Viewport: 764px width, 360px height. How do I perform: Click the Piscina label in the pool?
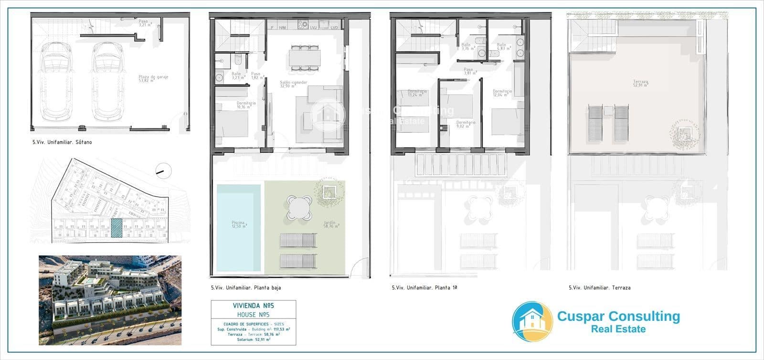tap(238, 224)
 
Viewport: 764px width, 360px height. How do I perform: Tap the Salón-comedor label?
tap(293, 84)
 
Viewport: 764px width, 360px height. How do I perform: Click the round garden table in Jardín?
tap(298, 208)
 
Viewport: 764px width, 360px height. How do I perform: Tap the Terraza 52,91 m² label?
tap(640, 84)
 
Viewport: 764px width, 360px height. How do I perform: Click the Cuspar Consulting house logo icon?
tap(532, 321)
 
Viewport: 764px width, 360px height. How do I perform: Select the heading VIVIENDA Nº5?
tap(253, 306)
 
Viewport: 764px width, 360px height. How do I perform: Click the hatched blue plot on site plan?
tap(117, 228)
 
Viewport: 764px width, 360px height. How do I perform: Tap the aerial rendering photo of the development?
tap(110, 300)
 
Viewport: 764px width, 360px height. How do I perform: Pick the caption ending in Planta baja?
tap(246, 288)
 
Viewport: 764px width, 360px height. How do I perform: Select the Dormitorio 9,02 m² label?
tap(466, 125)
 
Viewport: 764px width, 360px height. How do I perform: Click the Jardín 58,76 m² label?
tap(329, 224)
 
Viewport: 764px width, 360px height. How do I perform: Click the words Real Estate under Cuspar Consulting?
tap(618, 329)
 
